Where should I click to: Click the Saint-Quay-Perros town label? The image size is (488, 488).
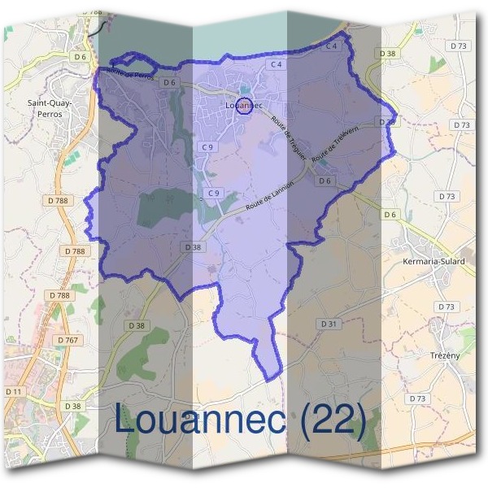click(x=50, y=109)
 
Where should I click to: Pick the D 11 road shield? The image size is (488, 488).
click(x=14, y=391)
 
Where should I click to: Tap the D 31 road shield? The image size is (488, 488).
click(x=329, y=324)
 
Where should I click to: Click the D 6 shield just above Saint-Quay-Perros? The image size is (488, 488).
click(x=80, y=57)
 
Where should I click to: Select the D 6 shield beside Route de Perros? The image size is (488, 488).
click(x=169, y=82)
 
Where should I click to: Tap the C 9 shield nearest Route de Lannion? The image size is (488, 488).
click(x=214, y=193)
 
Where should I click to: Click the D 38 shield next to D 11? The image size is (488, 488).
click(x=72, y=406)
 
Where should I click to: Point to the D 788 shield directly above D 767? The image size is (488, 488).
click(x=59, y=295)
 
